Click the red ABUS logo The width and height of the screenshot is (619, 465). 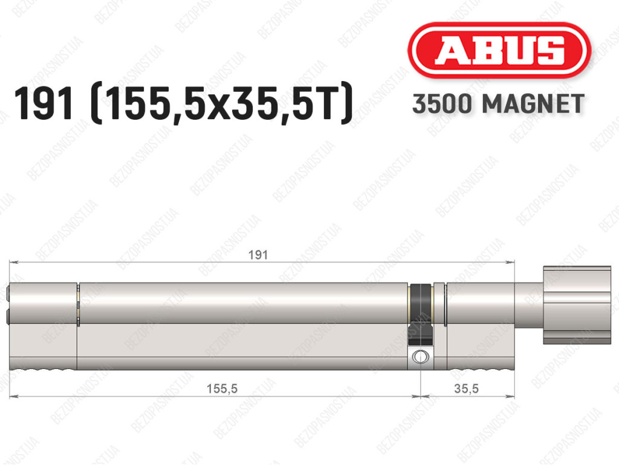[499, 50]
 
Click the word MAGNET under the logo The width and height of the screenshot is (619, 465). [533, 104]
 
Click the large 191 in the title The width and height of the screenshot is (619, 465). [44, 104]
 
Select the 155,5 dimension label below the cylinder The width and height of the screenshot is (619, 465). [222, 389]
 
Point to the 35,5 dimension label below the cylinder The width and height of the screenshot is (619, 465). [466, 389]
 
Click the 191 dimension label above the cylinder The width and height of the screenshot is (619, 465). [258, 255]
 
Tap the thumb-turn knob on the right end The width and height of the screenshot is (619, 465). [577, 305]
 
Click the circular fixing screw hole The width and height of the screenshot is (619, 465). [420, 357]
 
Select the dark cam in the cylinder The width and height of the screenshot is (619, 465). [420, 315]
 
